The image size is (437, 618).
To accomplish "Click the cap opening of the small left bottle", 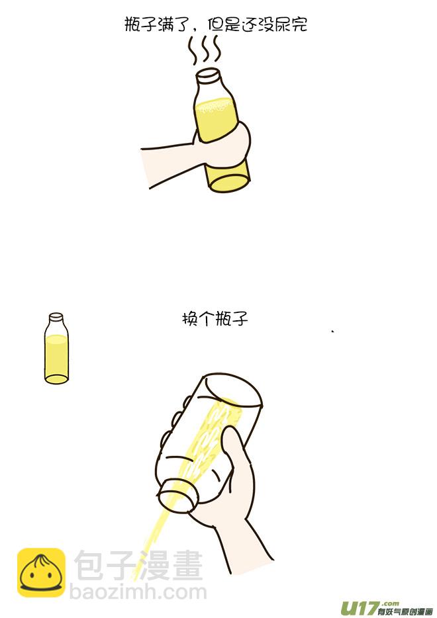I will pos(56,317).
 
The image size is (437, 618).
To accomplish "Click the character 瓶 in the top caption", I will pos(133,26).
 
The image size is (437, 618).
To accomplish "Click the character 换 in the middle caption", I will pos(190,318).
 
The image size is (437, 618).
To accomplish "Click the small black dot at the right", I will pos(332,331).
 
